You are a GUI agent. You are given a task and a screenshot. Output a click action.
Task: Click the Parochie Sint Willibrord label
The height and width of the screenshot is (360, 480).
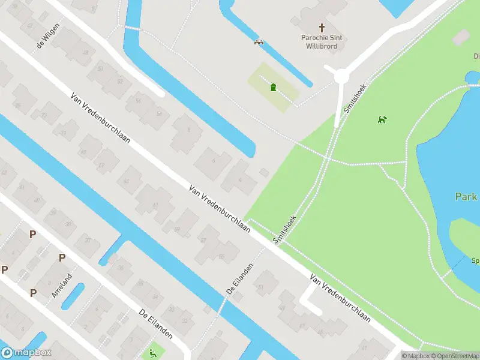pos(322,41)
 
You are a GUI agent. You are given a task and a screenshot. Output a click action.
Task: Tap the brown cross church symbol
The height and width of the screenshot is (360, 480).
pos(322,27)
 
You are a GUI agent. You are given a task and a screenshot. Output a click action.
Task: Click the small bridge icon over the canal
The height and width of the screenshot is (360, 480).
pos(260,42)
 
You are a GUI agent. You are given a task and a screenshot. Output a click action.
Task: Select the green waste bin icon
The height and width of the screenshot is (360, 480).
pos(274,88)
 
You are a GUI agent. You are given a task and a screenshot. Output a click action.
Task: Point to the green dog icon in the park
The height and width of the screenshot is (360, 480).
pos(382,119)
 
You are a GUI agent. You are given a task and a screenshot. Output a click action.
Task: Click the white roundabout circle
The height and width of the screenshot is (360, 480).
pos(341,76)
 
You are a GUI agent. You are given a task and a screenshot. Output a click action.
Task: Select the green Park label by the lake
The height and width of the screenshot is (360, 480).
pos(466,197)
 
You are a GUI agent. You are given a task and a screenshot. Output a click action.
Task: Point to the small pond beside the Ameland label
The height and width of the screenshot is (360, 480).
pos(73,296)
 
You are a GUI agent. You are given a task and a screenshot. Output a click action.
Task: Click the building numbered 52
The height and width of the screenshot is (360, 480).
pos(119,81)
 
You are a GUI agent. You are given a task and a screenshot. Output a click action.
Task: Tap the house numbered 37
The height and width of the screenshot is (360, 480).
pos(88,241)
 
